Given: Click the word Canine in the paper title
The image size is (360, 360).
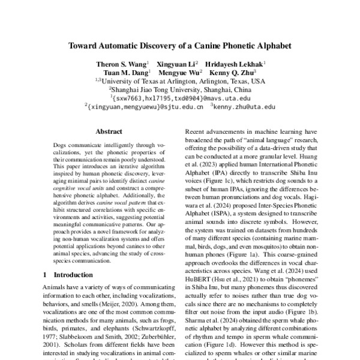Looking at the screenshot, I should tap(198, 45).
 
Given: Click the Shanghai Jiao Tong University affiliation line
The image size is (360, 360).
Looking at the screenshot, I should tap(180, 88).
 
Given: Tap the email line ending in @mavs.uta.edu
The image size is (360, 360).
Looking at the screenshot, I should tap(180, 97).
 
